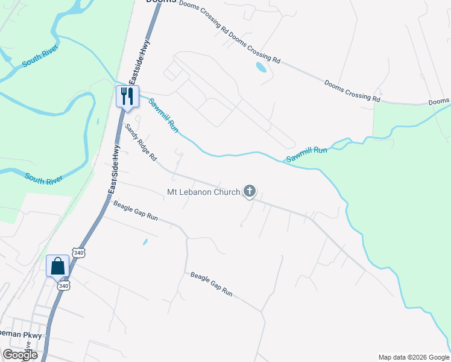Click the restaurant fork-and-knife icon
[127, 95]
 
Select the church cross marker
[250, 192]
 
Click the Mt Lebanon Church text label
[203, 193]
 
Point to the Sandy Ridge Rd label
[140, 142]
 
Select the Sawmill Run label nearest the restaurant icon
[164, 115]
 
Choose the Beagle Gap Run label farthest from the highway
[211, 284]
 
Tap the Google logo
[20, 355]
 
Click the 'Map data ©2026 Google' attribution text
[414, 357]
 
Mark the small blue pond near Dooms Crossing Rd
[261, 67]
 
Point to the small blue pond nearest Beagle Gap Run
[145, 243]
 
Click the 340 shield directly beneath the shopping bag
[63, 285]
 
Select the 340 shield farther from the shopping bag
[78, 253]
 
